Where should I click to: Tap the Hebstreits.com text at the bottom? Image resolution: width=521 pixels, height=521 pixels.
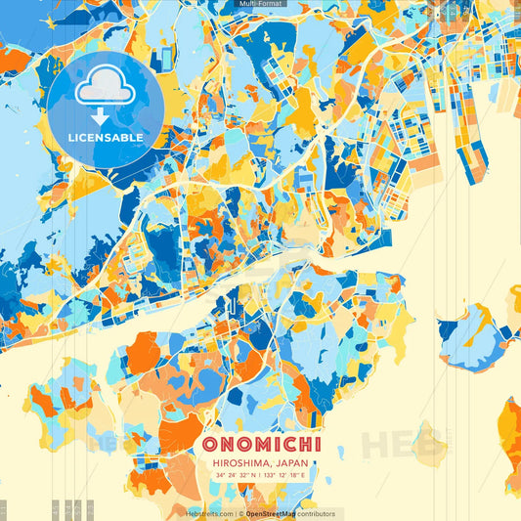tap(210, 513)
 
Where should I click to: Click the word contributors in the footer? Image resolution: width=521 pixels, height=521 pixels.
tap(317, 513)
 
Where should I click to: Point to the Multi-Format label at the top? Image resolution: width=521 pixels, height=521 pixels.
tap(260, 4)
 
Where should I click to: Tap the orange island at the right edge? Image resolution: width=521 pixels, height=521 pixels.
tap(510, 430)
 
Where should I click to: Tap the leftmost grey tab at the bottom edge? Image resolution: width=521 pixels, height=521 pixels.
tap(3, 509)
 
